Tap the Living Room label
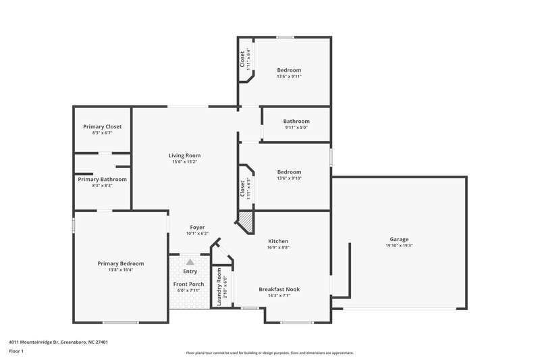click(184, 155)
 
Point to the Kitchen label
click(278, 241)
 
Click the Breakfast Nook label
click(279, 289)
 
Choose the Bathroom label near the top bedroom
click(296, 121)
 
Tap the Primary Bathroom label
click(102, 179)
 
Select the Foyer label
click(197, 228)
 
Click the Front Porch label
click(189, 284)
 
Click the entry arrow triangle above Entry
click(190, 261)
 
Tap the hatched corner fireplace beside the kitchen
click(244, 221)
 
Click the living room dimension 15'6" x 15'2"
click(184, 162)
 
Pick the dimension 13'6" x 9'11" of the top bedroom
click(289, 76)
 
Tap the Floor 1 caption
click(17, 351)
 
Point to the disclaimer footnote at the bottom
click(269, 353)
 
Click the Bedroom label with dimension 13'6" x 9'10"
click(289, 172)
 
